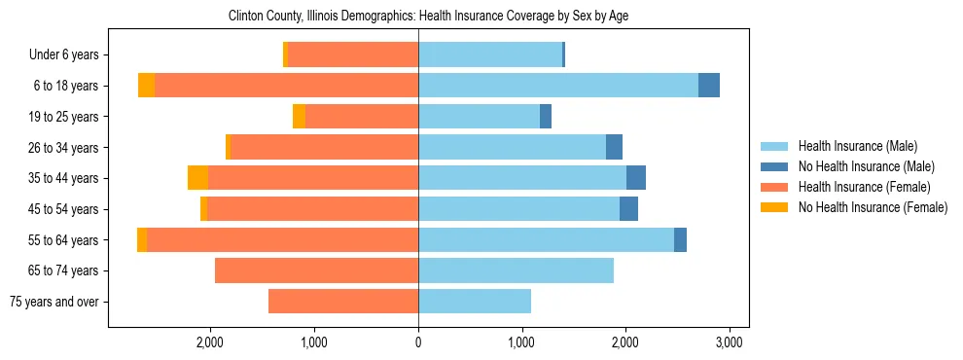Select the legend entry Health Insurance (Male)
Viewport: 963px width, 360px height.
(x=857, y=146)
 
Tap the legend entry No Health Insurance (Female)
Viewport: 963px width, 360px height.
(x=873, y=207)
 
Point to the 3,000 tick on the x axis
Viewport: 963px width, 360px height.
(x=730, y=342)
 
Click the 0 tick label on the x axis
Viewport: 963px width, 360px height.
(x=418, y=342)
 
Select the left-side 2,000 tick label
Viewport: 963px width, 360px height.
(x=210, y=342)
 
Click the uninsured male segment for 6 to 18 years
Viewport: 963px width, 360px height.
(x=709, y=86)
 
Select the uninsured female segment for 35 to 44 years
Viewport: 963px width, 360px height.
(x=197, y=178)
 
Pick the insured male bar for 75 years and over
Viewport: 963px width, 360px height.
(x=475, y=302)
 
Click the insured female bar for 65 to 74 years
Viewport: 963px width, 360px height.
(x=316, y=270)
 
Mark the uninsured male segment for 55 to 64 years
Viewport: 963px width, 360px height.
(x=680, y=239)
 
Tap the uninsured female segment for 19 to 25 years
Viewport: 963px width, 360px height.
(x=299, y=117)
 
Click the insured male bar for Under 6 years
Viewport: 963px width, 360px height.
(x=490, y=55)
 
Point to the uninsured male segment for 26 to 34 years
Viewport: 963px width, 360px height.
(x=614, y=147)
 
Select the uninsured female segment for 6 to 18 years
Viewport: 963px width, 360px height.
(x=146, y=86)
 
